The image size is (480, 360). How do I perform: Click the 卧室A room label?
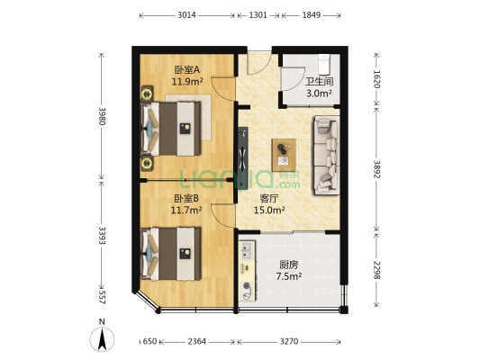(x=186, y=70)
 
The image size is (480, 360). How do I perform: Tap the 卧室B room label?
(x=186, y=199)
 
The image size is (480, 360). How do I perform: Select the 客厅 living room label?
(x=269, y=199)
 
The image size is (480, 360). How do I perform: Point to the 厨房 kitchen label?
(x=289, y=265)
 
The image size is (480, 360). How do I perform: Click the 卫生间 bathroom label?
(x=320, y=81)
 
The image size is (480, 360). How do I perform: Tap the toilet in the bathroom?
(x=324, y=64)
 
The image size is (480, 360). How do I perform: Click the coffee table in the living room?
(x=284, y=155)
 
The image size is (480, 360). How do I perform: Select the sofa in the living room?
(x=326, y=155)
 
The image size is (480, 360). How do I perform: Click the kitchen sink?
(x=247, y=250)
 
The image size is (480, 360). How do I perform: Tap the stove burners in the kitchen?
(x=246, y=291)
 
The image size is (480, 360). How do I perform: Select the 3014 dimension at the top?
(x=186, y=15)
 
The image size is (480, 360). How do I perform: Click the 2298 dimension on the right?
(x=376, y=270)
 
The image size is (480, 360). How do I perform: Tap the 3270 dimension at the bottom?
(x=289, y=341)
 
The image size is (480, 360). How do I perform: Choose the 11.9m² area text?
(x=186, y=82)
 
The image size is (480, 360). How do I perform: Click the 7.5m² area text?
(x=289, y=276)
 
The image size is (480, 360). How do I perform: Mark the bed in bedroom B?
(x=171, y=254)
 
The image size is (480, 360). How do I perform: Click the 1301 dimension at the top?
(x=258, y=15)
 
